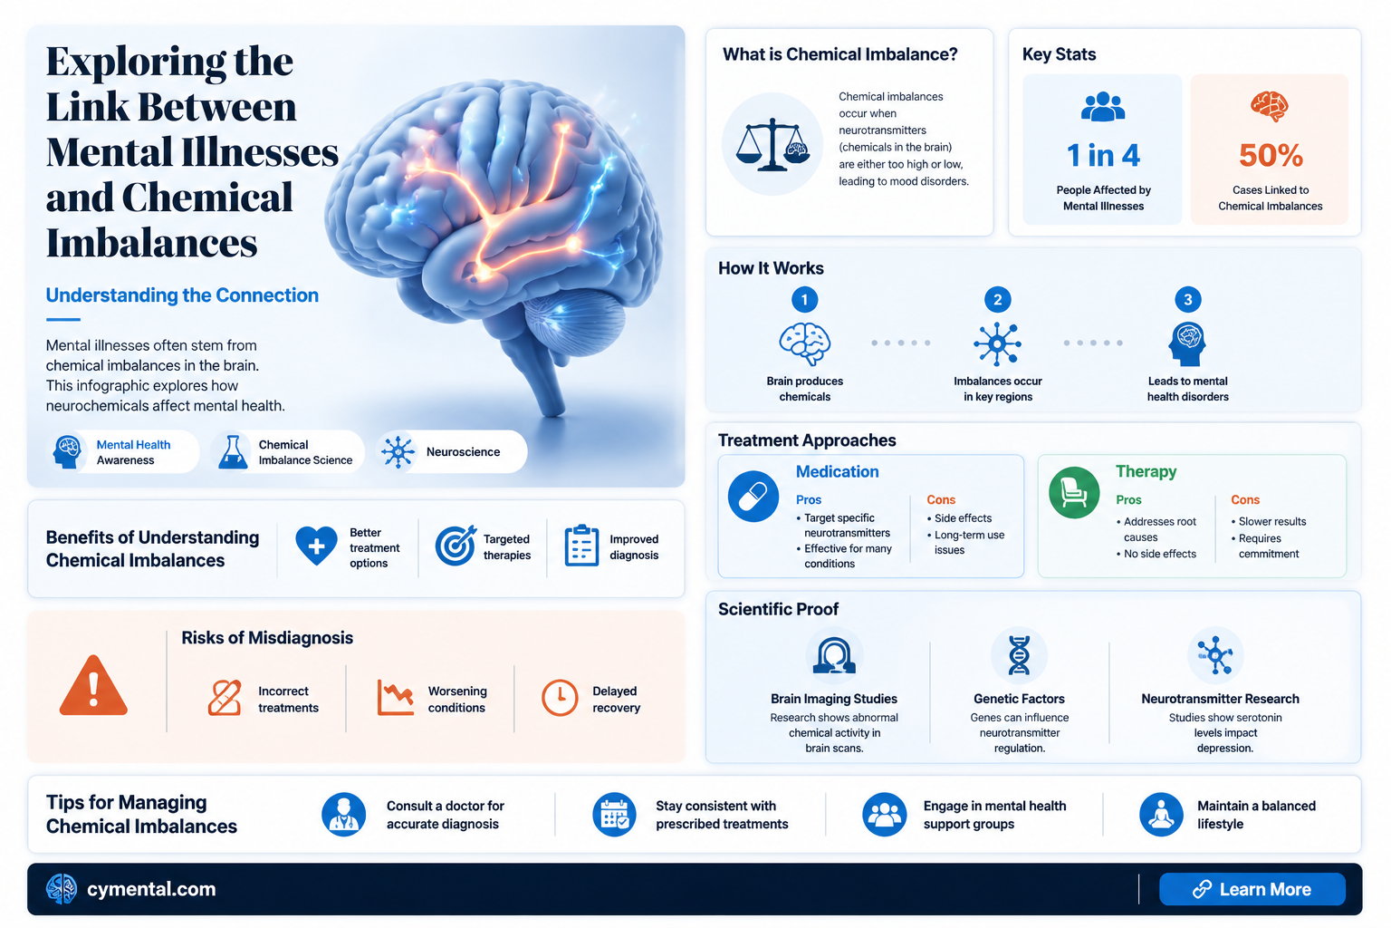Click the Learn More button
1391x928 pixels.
click(1252, 889)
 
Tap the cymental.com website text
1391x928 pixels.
click(151, 889)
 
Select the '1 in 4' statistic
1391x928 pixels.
click(1103, 155)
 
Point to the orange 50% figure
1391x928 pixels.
click(1271, 155)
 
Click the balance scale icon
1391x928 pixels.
click(772, 144)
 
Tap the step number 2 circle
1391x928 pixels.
click(997, 300)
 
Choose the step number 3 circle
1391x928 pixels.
click(1187, 300)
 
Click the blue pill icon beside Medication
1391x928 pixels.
click(753, 496)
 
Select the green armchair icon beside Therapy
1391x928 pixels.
click(1074, 493)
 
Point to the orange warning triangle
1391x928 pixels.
click(94, 686)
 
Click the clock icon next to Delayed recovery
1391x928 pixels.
click(560, 698)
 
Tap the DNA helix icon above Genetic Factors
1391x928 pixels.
click(1019, 655)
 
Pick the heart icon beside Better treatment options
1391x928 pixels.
click(316, 546)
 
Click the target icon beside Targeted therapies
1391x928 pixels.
click(456, 546)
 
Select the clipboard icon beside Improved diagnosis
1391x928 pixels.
click(582, 546)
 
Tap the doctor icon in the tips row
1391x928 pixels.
click(343, 814)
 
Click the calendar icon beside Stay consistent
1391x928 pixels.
click(614, 814)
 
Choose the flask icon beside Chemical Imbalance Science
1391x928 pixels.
click(233, 452)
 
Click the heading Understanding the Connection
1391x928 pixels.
click(182, 295)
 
